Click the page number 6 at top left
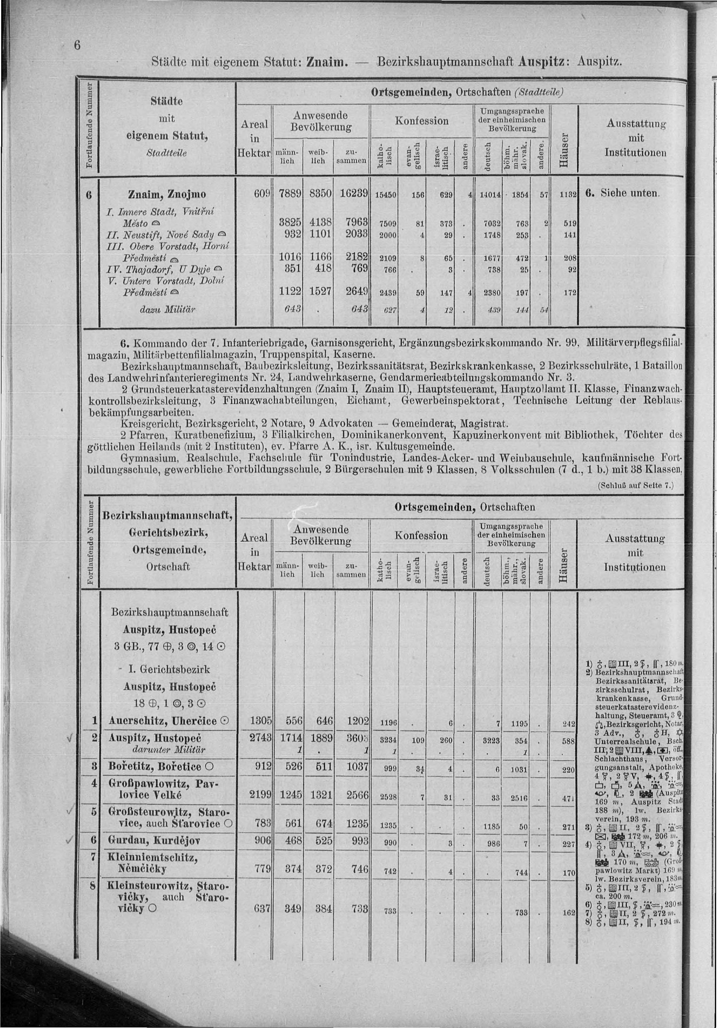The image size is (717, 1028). click(77, 46)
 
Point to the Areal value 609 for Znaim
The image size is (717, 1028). click(262, 194)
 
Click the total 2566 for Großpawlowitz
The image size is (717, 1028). click(357, 795)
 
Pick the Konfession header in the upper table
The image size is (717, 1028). click(421, 121)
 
